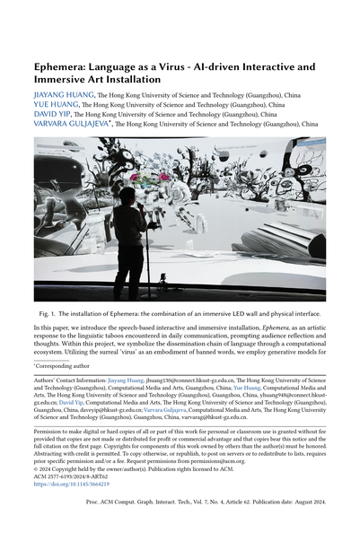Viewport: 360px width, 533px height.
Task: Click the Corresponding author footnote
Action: (x=66, y=366)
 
